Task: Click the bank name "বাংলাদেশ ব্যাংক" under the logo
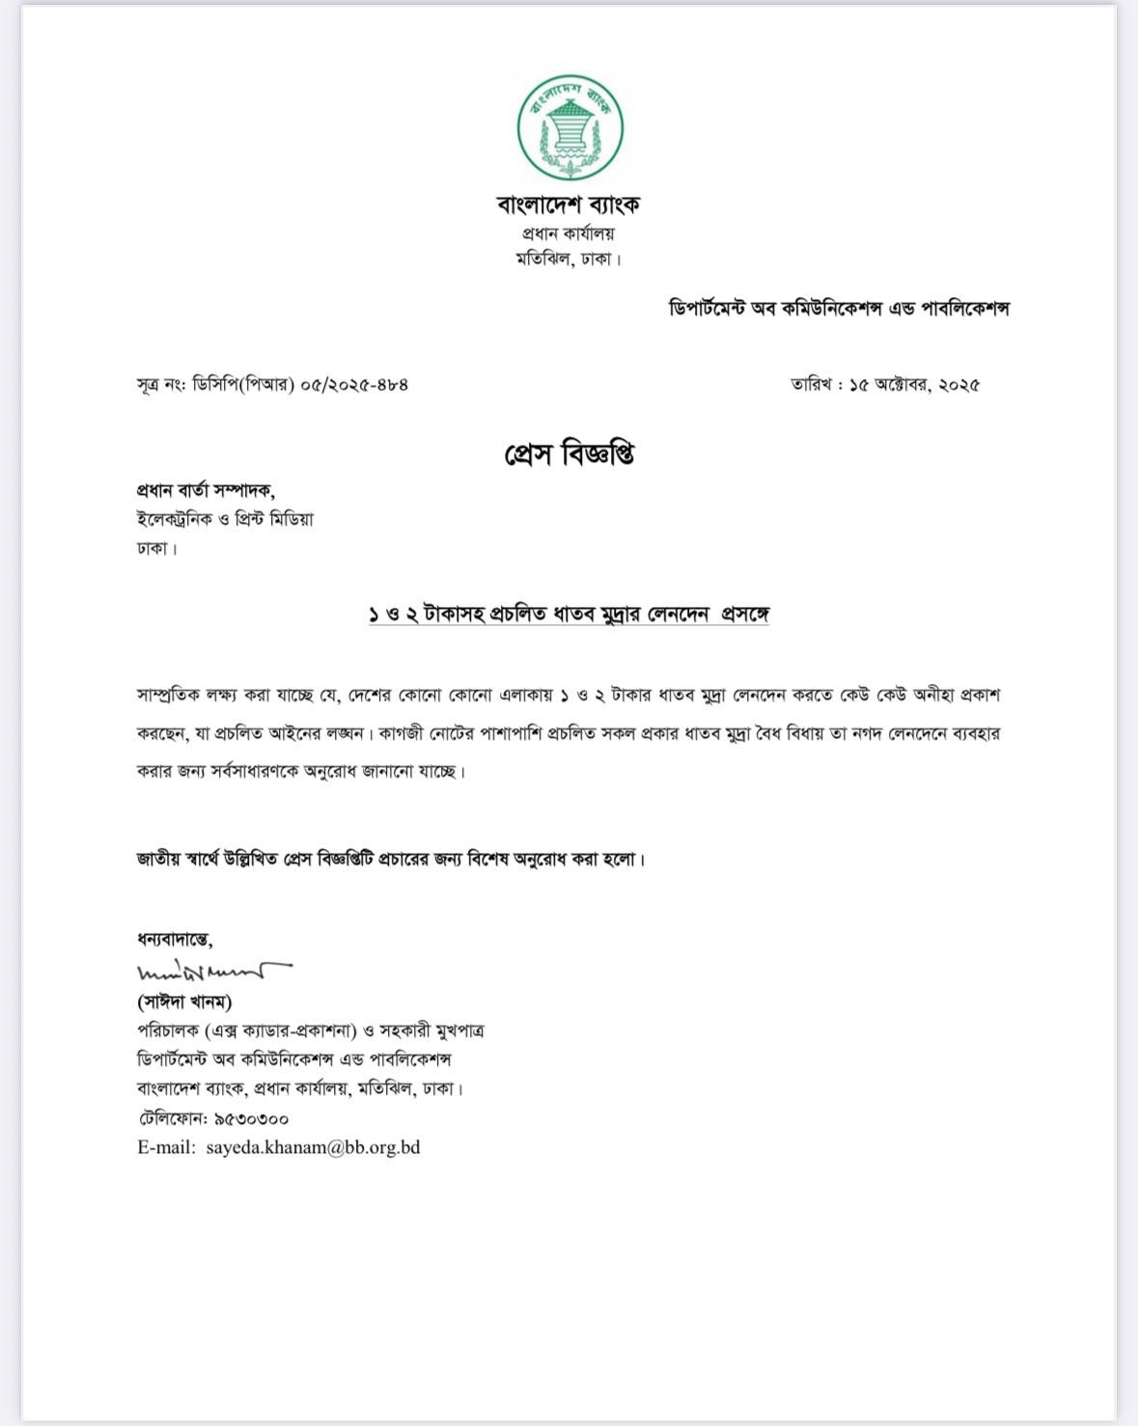(x=569, y=204)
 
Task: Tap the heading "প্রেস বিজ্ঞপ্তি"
(x=569, y=453)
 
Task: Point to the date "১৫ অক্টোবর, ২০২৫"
(x=913, y=384)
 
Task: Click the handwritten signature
(x=213, y=971)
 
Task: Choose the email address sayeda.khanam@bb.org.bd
(x=313, y=1147)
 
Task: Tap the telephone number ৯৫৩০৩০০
(x=246, y=1118)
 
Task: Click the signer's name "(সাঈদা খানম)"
(x=184, y=1001)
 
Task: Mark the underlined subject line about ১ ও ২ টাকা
(x=569, y=615)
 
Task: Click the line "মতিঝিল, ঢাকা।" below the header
(x=569, y=259)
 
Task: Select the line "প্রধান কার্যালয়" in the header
(x=569, y=233)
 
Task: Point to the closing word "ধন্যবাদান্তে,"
(x=175, y=939)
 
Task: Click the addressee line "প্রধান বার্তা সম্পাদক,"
(x=206, y=489)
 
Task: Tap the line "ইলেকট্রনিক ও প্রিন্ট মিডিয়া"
(x=225, y=519)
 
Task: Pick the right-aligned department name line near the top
(x=839, y=309)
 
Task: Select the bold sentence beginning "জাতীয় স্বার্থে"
(x=390, y=859)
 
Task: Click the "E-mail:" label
(x=166, y=1147)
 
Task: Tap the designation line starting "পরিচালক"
(x=310, y=1030)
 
